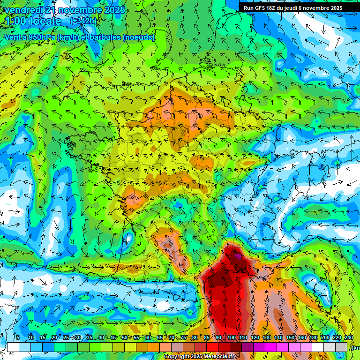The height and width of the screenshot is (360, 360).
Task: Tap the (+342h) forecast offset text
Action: tap(83, 21)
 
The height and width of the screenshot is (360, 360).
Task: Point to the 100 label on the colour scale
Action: tap(232, 338)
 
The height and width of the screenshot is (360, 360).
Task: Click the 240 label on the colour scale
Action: tap(349, 338)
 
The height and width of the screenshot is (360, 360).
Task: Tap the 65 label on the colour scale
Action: tap(160, 338)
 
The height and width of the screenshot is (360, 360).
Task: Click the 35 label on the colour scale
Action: tap(89, 338)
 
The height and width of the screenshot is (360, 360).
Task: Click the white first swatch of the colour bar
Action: tap(13, 347)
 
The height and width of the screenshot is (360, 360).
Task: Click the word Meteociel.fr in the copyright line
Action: tap(217, 356)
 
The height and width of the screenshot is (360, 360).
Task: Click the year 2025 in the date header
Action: tap(114, 10)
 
